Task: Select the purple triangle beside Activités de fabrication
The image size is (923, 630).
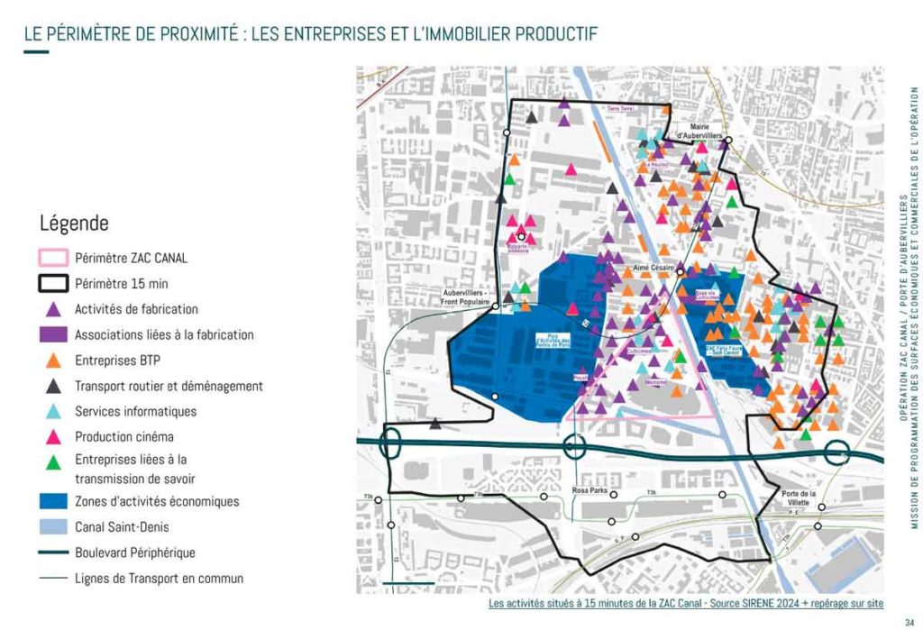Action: coord(53,309)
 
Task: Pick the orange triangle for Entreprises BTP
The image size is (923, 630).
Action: coord(53,361)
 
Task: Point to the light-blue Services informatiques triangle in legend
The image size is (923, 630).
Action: coord(53,412)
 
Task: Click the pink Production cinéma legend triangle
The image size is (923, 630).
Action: coord(53,437)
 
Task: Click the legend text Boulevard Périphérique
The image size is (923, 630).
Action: coord(135,552)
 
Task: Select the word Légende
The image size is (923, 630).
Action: coord(74,223)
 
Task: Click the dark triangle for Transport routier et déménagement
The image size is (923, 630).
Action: coord(53,387)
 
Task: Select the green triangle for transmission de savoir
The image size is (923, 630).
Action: coord(53,463)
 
